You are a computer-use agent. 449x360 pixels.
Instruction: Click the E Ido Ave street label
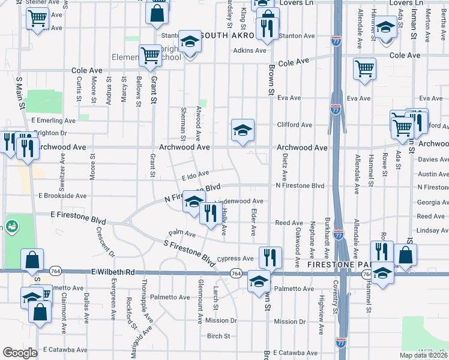(195, 175)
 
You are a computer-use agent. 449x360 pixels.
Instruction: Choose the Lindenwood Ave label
(239, 201)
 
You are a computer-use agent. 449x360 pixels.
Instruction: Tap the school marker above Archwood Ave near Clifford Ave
(243, 130)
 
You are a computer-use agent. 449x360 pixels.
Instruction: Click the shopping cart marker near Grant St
(150, 56)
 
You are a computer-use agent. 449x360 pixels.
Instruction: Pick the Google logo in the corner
(20, 353)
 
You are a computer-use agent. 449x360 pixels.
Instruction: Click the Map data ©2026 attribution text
(423, 355)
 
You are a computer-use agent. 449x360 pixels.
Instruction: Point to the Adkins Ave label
(250, 50)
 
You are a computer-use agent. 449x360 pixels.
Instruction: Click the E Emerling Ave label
(53, 121)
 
